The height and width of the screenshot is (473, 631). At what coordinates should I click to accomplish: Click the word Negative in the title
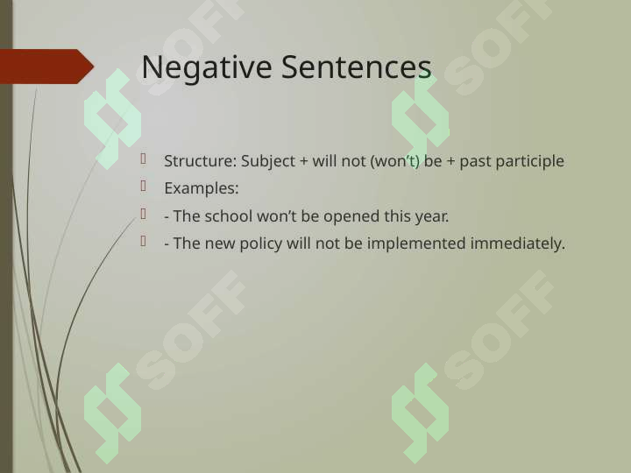click(207, 68)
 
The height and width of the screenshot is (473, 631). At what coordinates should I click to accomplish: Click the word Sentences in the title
click(356, 67)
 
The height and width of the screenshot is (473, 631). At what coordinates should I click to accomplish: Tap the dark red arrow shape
click(47, 67)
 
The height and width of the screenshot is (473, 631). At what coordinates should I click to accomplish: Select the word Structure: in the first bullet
click(201, 161)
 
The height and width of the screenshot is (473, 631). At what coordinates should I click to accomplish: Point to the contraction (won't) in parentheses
click(394, 162)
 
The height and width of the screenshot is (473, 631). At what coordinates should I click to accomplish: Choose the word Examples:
click(202, 188)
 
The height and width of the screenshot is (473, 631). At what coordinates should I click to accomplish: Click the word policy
click(261, 244)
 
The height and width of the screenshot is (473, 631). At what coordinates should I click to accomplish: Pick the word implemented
click(416, 244)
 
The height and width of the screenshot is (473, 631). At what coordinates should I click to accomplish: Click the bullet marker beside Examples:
click(143, 187)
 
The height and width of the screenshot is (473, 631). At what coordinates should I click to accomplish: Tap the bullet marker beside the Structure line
click(143, 159)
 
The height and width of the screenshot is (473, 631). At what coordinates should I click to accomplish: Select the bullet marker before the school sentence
click(143, 214)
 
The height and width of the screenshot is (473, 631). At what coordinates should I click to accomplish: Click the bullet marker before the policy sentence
click(143, 241)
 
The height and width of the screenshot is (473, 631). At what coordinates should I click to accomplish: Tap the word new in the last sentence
click(220, 244)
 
